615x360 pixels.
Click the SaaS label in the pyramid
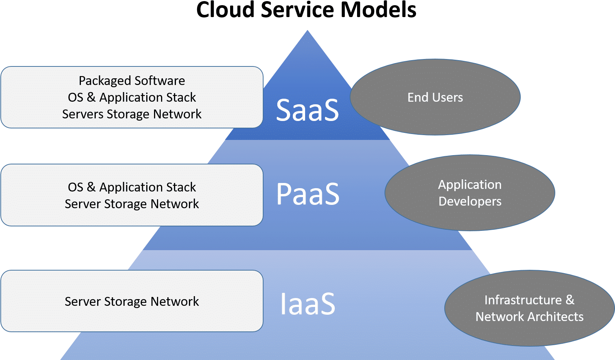(x=307, y=110)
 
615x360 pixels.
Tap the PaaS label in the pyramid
(x=308, y=194)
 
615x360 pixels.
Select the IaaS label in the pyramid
(x=307, y=304)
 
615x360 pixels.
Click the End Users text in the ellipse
(x=435, y=97)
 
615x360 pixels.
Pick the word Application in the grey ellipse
(x=470, y=184)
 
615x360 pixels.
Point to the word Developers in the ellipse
(x=470, y=201)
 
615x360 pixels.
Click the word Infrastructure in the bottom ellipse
(x=523, y=300)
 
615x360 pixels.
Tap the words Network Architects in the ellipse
(x=529, y=317)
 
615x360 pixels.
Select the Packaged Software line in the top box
(x=132, y=81)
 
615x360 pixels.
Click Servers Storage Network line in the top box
(x=132, y=114)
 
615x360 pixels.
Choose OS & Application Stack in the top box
(x=132, y=97)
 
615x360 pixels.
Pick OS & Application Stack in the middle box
(x=132, y=187)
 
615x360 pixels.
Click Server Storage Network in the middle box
(x=132, y=204)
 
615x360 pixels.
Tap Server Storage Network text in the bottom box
(x=132, y=301)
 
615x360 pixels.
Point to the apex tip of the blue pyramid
(x=307, y=32)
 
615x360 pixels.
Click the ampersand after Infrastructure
(x=570, y=300)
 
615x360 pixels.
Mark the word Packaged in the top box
(x=105, y=81)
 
